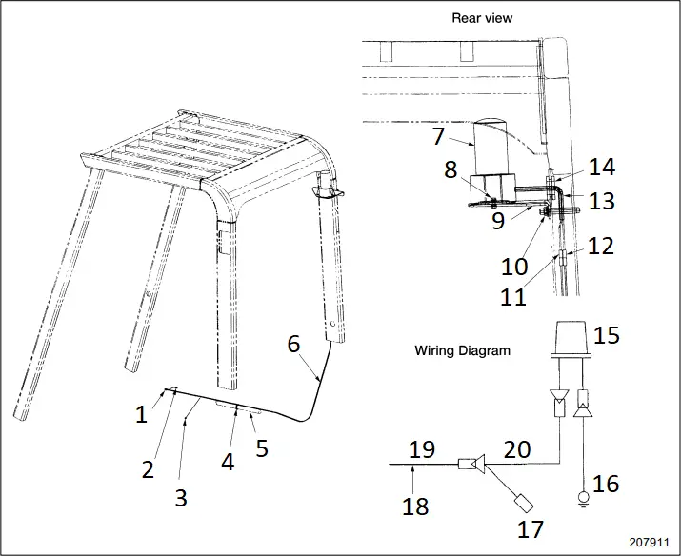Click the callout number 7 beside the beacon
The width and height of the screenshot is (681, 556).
tap(438, 136)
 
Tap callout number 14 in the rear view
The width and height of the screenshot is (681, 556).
tap(601, 168)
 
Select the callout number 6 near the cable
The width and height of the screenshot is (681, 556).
tap(294, 345)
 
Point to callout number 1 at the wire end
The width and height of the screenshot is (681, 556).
tap(141, 414)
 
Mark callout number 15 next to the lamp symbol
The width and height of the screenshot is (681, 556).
tap(606, 336)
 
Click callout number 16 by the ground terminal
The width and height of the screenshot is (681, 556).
tap(606, 484)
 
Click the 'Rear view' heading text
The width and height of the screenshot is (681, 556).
tap(481, 17)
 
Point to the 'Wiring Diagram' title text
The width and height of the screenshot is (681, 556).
tap(462, 350)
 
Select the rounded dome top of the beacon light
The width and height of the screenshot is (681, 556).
tap(493, 124)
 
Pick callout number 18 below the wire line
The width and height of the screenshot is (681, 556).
tap(415, 506)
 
